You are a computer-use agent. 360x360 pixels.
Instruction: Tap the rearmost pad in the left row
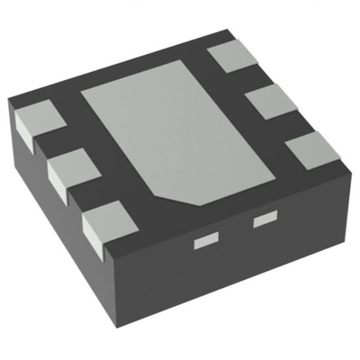[x=34, y=122]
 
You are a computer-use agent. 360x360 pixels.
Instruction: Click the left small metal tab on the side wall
[x=207, y=240]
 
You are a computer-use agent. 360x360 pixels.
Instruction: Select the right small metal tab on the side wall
[x=264, y=219]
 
